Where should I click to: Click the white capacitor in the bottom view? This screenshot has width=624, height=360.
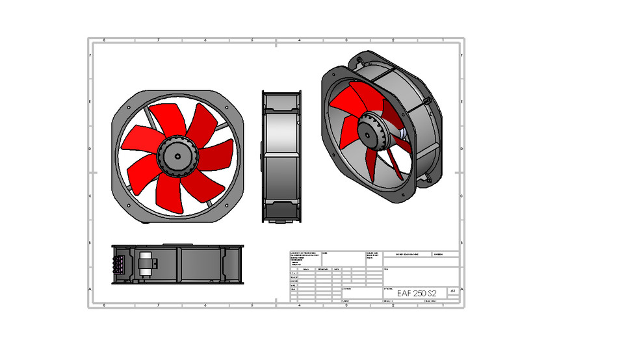coord(146,263)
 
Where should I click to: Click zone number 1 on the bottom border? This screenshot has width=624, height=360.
coord(439,305)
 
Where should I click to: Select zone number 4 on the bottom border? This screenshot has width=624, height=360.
coord(299,305)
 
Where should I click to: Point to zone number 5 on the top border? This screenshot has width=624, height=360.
coord(252,40)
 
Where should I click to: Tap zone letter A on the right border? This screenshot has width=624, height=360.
coord(461,289)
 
